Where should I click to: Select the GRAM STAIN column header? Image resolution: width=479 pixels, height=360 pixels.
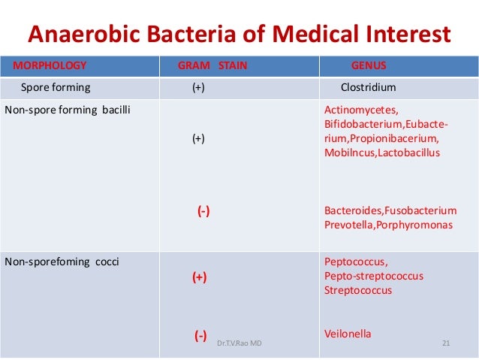coord(212,65)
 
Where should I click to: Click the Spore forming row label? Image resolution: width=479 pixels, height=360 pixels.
coord(55,87)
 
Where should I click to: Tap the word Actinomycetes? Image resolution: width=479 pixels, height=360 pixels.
coord(356,110)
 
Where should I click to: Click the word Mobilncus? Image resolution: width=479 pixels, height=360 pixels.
coord(345,152)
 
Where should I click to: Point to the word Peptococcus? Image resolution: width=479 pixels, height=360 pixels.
coord(356,262)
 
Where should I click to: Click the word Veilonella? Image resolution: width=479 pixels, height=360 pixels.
coord(348,334)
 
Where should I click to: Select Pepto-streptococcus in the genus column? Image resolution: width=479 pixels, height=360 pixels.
coord(373,276)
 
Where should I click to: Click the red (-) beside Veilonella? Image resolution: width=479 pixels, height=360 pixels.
coord(200,335)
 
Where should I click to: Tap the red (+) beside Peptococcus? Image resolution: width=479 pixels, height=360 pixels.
coord(199,277)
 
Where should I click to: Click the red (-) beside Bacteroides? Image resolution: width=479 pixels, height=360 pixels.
coord(203,212)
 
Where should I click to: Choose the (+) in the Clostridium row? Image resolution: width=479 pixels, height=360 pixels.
coord(198,87)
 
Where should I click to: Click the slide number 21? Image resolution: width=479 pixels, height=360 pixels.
coord(446,343)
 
